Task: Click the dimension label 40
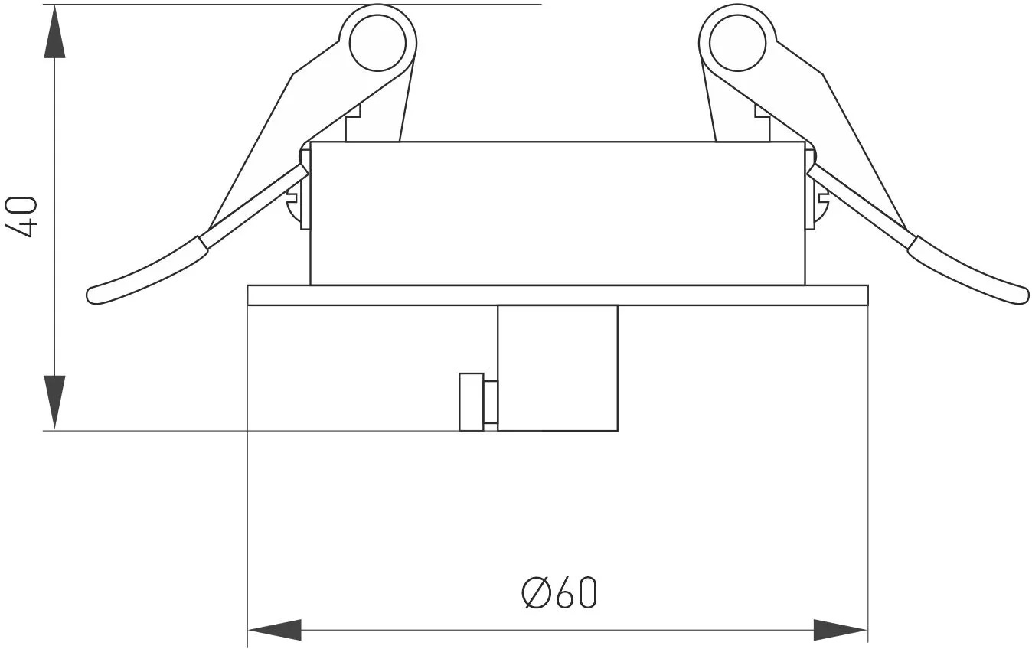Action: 21,217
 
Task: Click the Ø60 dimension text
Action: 560,593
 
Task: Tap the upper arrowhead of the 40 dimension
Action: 55,31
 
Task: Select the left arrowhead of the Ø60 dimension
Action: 275,630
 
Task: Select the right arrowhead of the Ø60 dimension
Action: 841,630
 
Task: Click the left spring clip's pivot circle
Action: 377,44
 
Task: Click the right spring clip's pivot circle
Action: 737,44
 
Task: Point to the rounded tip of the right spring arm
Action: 1023,295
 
